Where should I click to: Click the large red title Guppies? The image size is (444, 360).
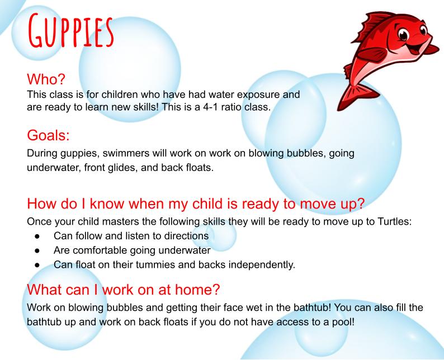pyautogui.click(x=71, y=30)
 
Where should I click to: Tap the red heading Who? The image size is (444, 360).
pyautogui.click(x=46, y=79)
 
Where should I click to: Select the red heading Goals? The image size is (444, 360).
pyautogui.click(x=48, y=135)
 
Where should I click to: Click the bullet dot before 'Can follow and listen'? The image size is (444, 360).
pyautogui.click(x=37, y=236)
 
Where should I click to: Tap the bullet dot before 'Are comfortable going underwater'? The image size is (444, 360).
pyautogui.click(x=37, y=250)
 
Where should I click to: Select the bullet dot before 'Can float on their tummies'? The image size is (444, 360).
pyautogui.click(x=37, y=265)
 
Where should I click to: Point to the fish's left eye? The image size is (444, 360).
pyautogui.click(x=403, y=34)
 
